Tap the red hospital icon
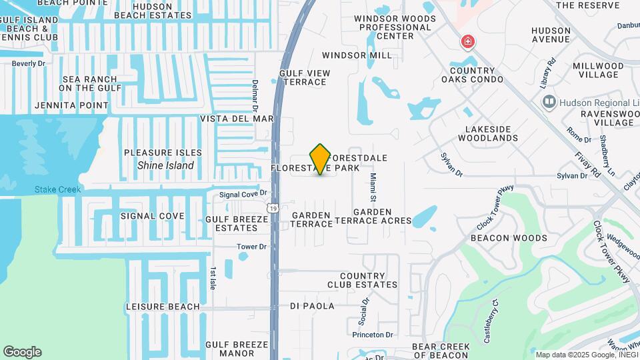point(469,42)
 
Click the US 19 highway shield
point(273,209)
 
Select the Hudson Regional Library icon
point(549,103)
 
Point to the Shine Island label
point(165,165)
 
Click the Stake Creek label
point(58,189)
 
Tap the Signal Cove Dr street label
point(243,195)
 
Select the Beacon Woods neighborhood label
point(509,237)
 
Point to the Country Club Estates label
point(362,280)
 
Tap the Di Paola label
point(312,306)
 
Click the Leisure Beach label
point(162,307)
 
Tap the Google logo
point(22,351)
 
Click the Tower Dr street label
point(251,247)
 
